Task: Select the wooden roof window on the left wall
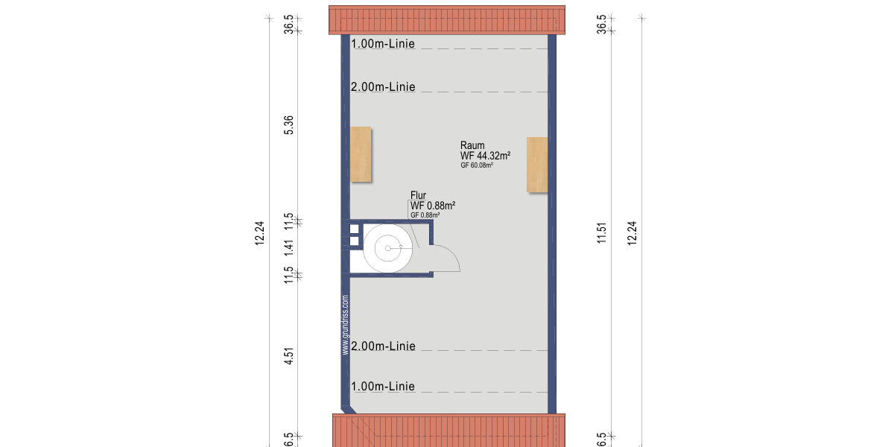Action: pyautogui.click(x=361, y=154)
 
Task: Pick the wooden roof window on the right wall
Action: pyautogui.click(x=537, y=164)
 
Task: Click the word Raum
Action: pyautogui.click(x=472, y=146)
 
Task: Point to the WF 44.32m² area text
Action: pyautogui.click(x=485, y=156)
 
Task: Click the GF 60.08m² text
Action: pyautogui.click(x=477, y=166)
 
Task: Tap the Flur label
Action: pyautogui.click(x=418, y=196)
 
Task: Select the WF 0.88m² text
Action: pyautogui.click(x=432, y=206)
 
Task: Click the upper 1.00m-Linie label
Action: pyautogui.click(x=383, y=44)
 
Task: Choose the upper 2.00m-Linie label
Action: pyautogui.click(x=383, y=87)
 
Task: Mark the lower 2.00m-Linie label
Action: pyautogui.click(x=383, y=346)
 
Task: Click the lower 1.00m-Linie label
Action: pyautogui.click(x=383, y=387)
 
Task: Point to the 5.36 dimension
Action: pyautogui.click(x=289, y=125)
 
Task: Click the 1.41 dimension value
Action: pyautogui.click(x=289, y=247)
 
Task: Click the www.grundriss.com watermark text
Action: pyautogui.click(x=346, y=325)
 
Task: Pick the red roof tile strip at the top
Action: pyautogui.click(x=448, y=20)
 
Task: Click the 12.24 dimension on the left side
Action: pyautogui.click(x=259, y=232)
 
